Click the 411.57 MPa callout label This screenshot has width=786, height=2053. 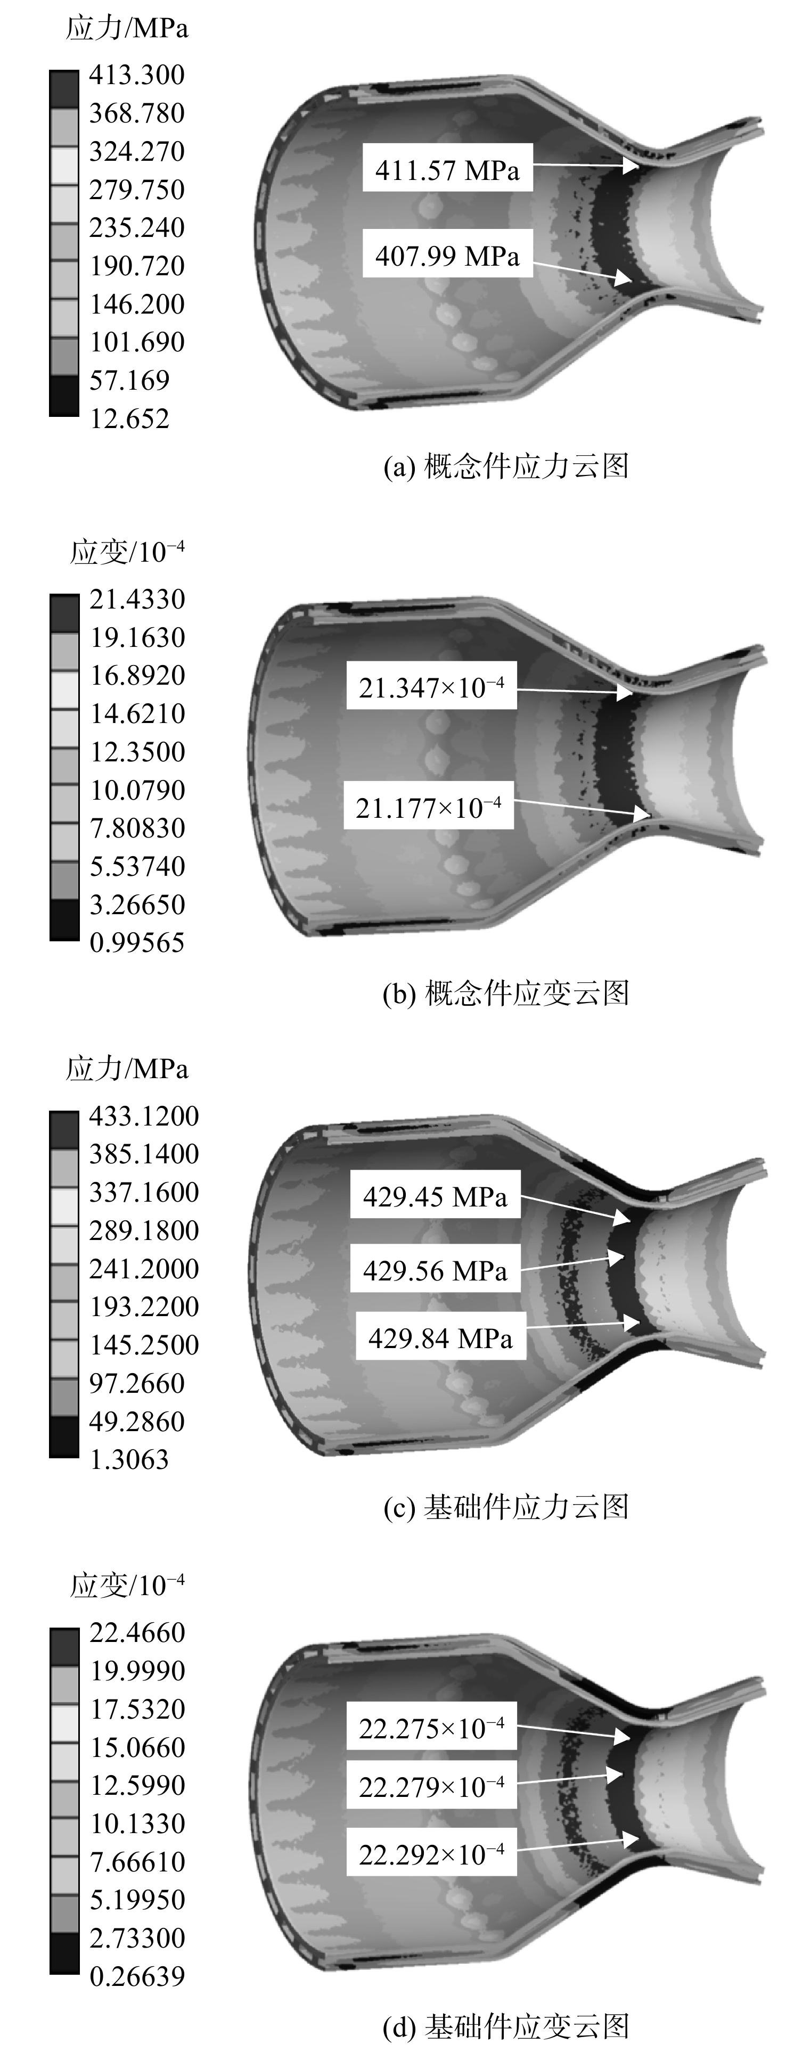[447, 168]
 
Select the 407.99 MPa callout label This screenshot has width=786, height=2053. [447, 254]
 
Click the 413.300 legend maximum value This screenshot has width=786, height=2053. [136, 75]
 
